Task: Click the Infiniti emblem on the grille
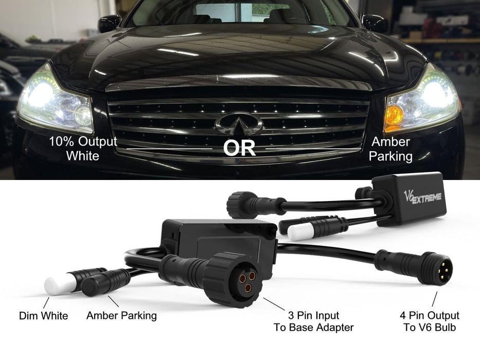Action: click(x=239, y=124)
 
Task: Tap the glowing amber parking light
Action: click(x=394, y=116)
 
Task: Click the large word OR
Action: click(x=239, y=148)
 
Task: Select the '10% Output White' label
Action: click(x=83, y=149)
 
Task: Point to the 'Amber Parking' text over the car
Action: click(x=390, y=149)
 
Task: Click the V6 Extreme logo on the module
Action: click(x=422, y=197)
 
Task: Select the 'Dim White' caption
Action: click(x=43, y=316)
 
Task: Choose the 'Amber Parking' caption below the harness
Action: click(x=121, y=316)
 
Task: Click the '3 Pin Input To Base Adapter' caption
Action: click(x=314, y=321)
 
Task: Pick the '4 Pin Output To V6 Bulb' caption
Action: click(x=430, y=321)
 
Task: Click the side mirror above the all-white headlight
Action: click(x=109, y=23)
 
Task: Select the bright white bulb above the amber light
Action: click(x=435, y=94)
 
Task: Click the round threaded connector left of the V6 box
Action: click(x=239, y=204)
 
